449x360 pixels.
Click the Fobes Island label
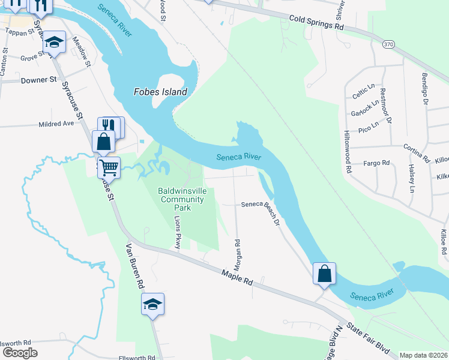click(160, 92)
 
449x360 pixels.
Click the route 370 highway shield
click(388, 45)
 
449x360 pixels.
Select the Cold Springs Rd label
click(316, 23)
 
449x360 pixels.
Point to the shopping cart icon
click(109, 167)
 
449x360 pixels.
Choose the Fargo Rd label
click(378, 163)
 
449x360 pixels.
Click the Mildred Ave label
click(56, 123)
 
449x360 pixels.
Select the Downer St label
click(38, 79)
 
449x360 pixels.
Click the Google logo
click(19, 352)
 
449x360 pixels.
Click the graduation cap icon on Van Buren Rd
click(152, 304)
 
